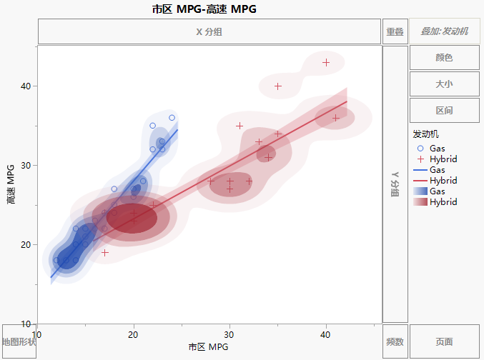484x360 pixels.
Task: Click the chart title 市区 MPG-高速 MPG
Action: (204, 9)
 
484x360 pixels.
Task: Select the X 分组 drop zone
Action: (209, 31)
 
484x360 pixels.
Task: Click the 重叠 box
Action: (395, 31)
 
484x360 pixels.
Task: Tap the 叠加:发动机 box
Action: (444, 31)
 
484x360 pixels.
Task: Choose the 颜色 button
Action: (444, 58)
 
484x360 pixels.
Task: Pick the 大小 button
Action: (444, 84)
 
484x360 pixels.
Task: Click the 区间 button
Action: (444, 111)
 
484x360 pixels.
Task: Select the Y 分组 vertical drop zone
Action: (395, 184)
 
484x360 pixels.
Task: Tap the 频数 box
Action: (395, 342)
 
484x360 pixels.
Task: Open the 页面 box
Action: (444, 342)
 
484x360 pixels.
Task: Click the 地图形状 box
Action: (19, 342)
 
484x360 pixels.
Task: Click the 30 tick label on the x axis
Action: (229, 334)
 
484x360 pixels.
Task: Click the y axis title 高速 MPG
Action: (10, 184)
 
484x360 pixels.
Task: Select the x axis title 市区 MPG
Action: (209, 347)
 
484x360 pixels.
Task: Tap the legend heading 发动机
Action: (426, 134)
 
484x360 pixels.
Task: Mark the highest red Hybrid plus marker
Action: (326, 63)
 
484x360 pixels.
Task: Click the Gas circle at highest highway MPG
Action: (172, 118)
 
